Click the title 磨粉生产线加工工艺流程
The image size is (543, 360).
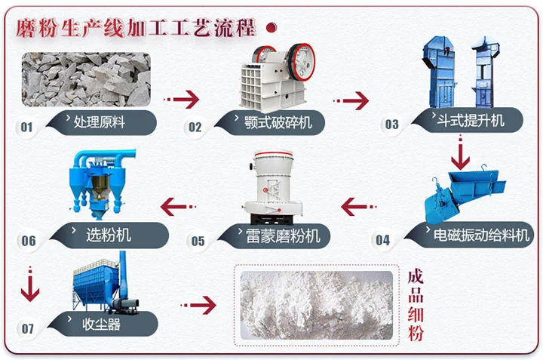[x=136, y=28]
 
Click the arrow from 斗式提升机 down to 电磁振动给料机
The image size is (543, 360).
[x=459, y=155]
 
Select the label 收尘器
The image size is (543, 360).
[x=101, y=325]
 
